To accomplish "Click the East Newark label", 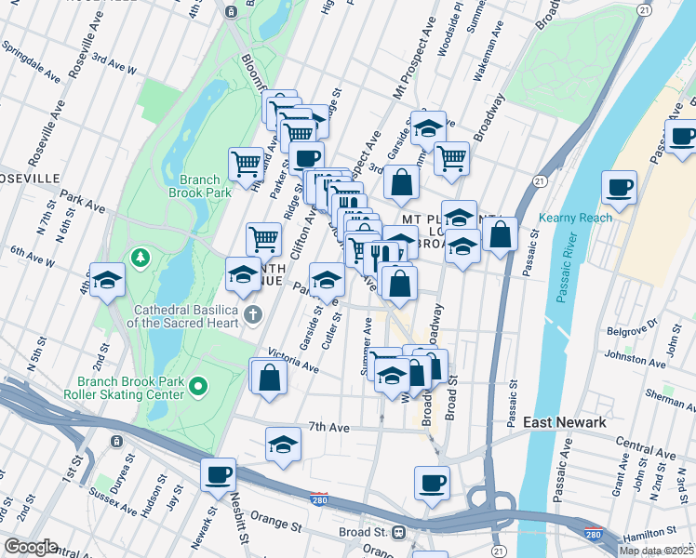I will [565, 422].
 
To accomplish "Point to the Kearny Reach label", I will [575, 219].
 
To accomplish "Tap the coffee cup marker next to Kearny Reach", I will [619, 188].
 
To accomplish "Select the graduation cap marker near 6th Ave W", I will [108, 279].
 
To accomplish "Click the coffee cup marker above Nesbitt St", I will [219, 474].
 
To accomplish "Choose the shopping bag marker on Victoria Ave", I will [269, 377].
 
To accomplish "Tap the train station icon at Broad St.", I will [398, 533].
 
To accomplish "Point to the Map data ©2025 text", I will [657, 551].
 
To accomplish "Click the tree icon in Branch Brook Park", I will [141, 256].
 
